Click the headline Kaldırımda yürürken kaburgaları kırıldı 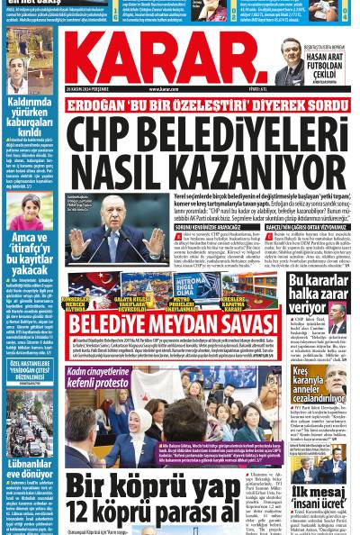[30, 118]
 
